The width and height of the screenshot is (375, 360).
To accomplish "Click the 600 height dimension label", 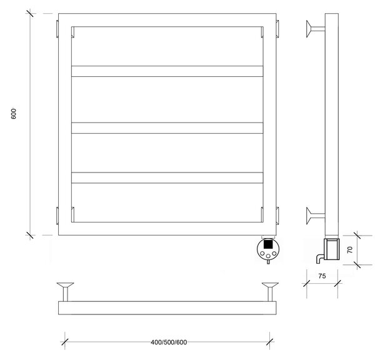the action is [14, 114].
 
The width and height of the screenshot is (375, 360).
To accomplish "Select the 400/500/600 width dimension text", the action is [169, 342].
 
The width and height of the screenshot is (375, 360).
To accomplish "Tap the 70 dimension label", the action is [349, 250].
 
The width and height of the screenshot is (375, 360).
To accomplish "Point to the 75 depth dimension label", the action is [322, 276].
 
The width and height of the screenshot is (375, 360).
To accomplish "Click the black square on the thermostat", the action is [268, 244].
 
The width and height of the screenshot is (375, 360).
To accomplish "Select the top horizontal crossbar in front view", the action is [167, 71].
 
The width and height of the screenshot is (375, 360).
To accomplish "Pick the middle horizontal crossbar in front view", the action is [167, 128].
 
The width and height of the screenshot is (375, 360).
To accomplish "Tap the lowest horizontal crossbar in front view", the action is [167, 177].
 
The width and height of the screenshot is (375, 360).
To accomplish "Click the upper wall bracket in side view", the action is [316, 29].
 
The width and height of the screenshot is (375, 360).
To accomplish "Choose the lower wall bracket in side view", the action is [316, 216].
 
